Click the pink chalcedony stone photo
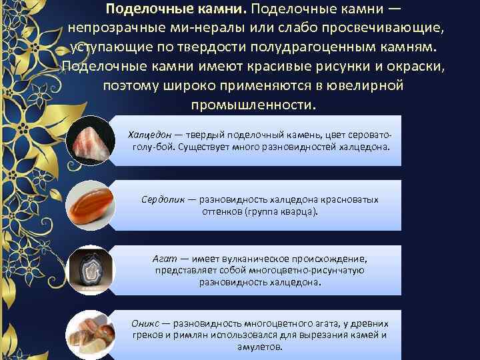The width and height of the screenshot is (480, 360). tap(91, 141)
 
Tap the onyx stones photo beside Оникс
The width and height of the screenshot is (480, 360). tap(91, 335)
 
